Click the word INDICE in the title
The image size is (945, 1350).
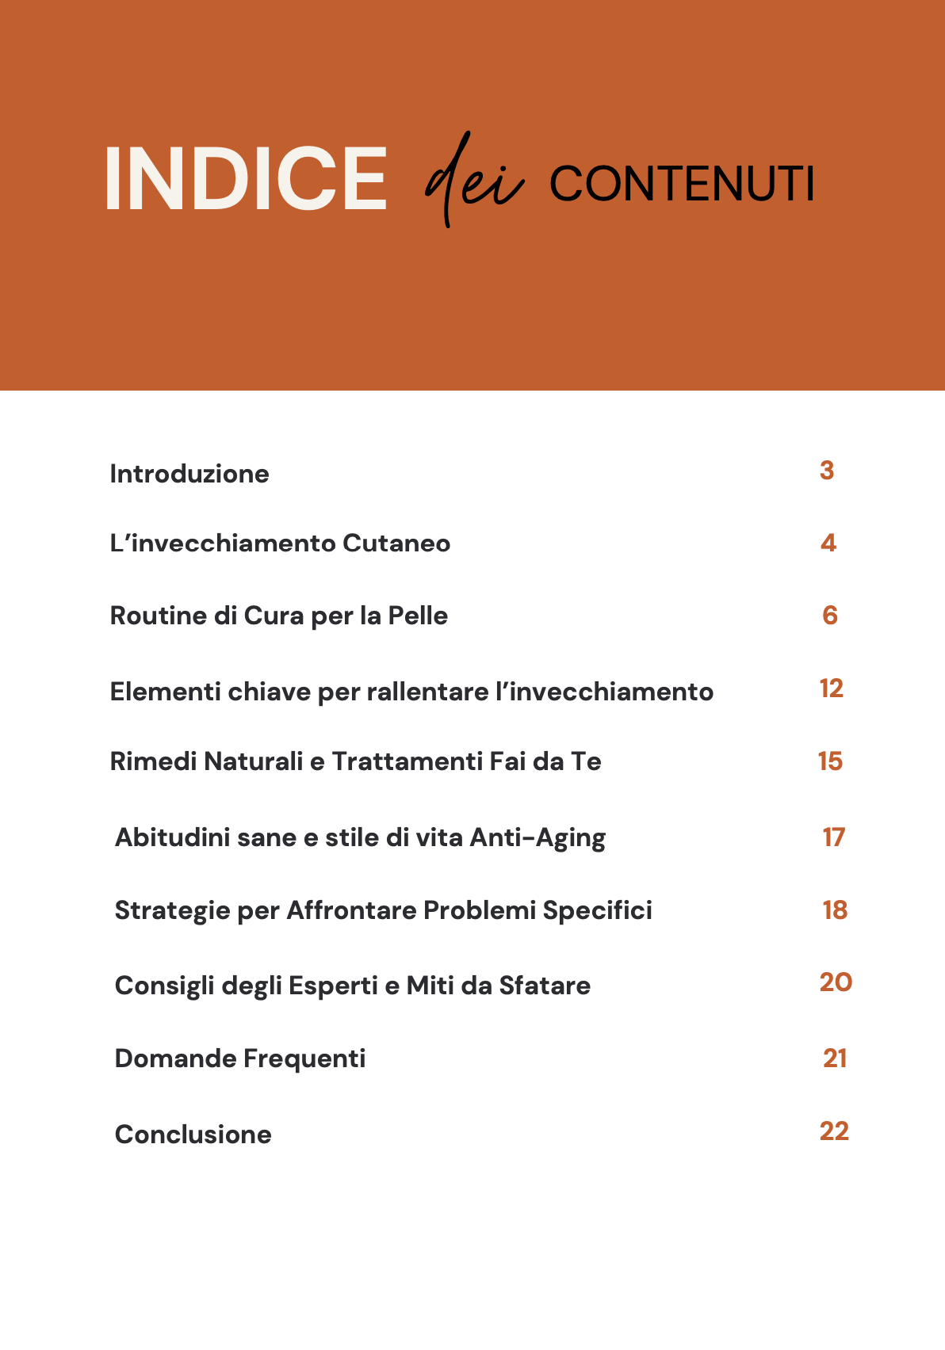tap(245, 179)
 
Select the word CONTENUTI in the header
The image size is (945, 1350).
tap(682, 184)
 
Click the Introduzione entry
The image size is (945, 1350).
tap(189, 474)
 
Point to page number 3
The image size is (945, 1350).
tap(827, 471)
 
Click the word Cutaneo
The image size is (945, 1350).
tap(396, 543)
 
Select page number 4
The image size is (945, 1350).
tap(828, 543)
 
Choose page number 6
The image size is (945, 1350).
tap(830, 616)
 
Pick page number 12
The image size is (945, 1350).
tap(832, 688)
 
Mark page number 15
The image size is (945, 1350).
tap(830, 761)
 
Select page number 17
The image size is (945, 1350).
tap(834, 837)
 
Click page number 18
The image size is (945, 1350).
tap(835, 910)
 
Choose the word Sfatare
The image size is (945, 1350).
tap(545, 986)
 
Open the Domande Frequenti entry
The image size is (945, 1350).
tap(240, 1058)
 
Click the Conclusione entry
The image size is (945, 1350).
tap(193, 1135)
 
